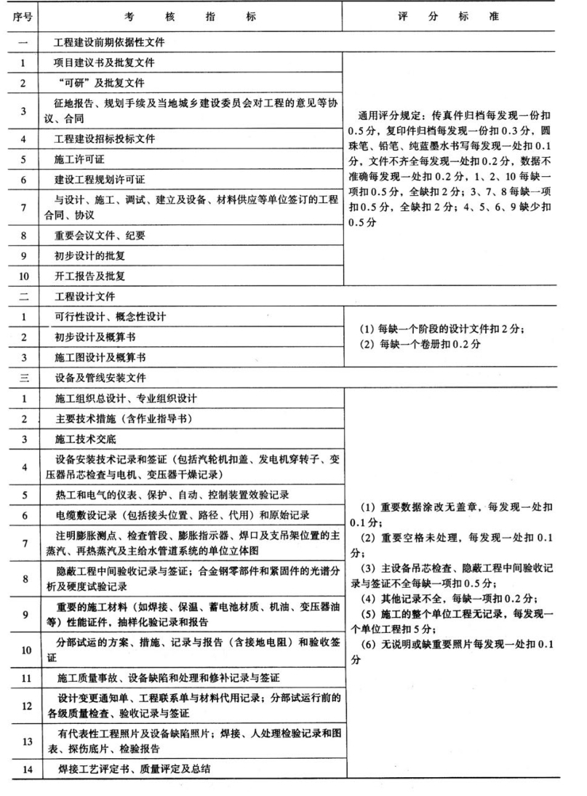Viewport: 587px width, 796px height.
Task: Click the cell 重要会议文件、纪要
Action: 99,235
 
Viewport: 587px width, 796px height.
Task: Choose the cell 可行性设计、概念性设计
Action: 109,317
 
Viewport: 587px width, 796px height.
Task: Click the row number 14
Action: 24,768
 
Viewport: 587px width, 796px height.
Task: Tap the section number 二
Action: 24,297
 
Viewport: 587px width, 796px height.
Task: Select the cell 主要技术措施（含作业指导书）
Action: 120,419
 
